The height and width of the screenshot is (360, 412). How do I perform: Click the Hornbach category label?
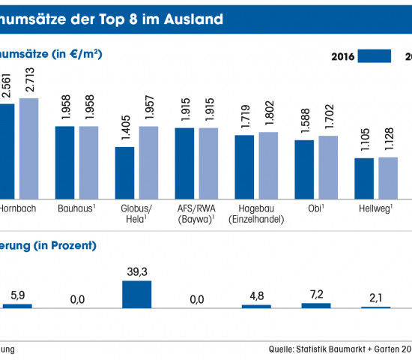click(x=18, y=206)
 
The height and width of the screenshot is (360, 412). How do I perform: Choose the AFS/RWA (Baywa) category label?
click(x=196, y=212)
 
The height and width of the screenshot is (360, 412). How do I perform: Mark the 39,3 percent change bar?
click(x=136, y=294)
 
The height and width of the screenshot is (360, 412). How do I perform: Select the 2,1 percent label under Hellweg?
click(x=376, y=298)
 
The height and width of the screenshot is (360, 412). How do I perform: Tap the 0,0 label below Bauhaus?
click(x=76, y=299)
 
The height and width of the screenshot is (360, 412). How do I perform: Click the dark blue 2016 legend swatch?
click(x=375, y=56)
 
